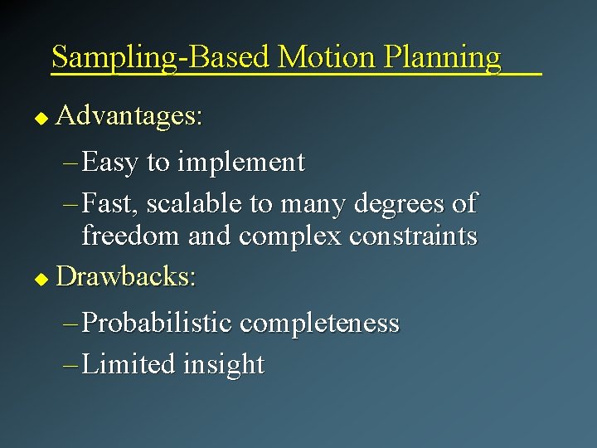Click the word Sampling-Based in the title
click(x=162, y=57)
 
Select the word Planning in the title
click(x=441, y=57)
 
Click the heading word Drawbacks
click(x=126, y=275)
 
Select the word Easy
click(x=110, y=163)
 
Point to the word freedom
click(x=132, y=236)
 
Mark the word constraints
click(x=413, y=236)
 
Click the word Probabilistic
click(x=160, y=323)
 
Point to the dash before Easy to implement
click(x=70, y=163)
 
